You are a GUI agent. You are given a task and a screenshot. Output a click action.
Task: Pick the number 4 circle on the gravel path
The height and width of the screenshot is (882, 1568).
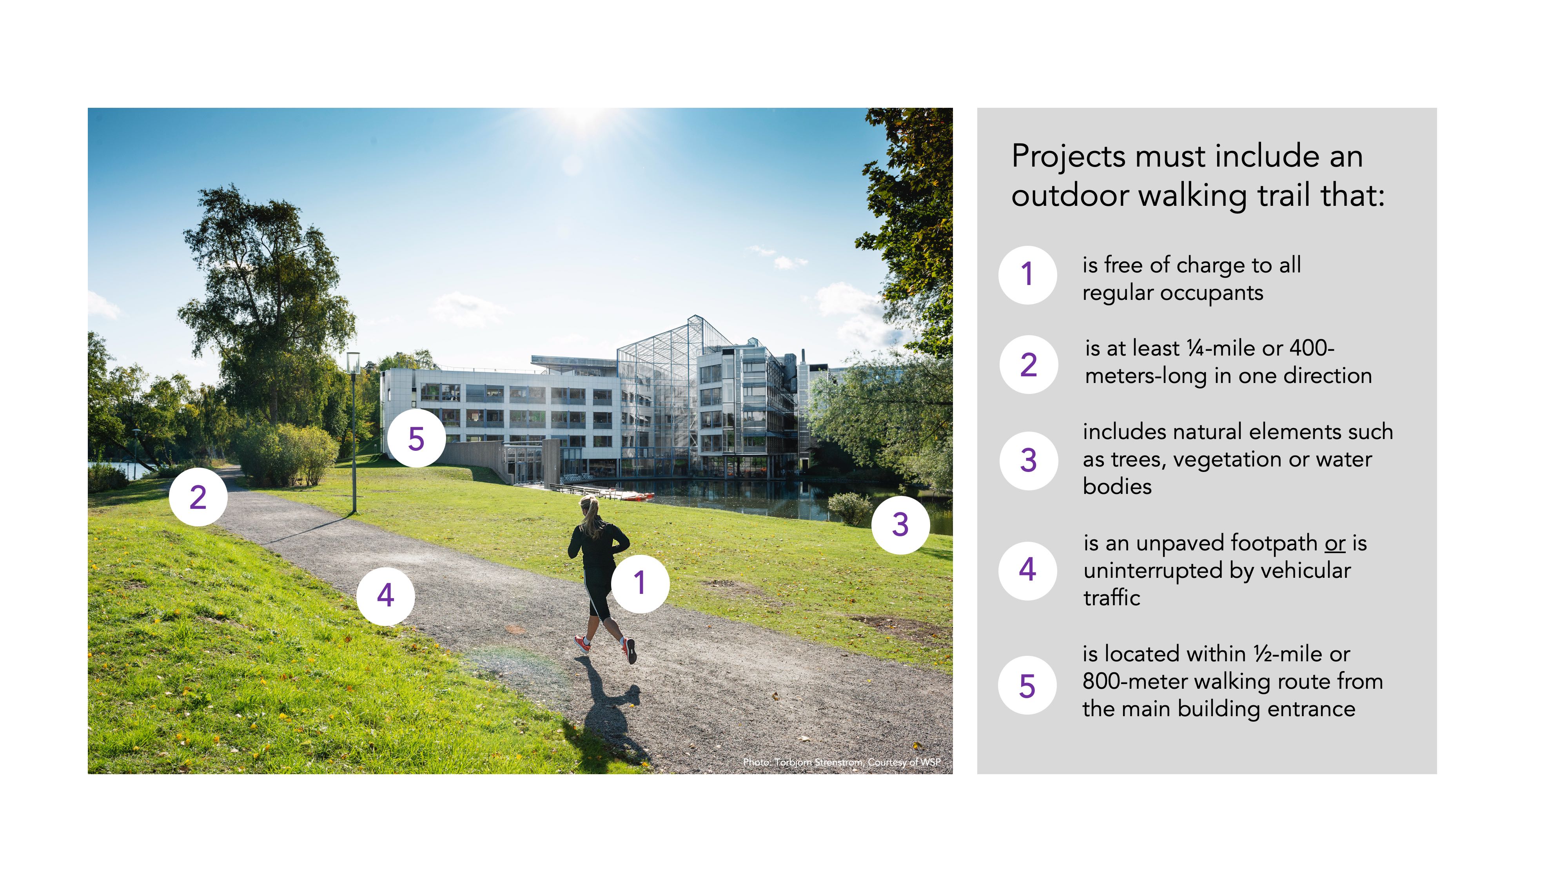point(385,595)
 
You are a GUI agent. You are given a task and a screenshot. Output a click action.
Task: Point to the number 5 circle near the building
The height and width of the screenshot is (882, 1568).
point(416,438)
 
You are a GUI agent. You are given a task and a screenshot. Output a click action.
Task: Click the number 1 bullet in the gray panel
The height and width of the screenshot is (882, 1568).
point(1027,274)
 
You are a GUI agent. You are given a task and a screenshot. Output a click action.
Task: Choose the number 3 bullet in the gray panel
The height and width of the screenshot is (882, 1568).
point(1028,460)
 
